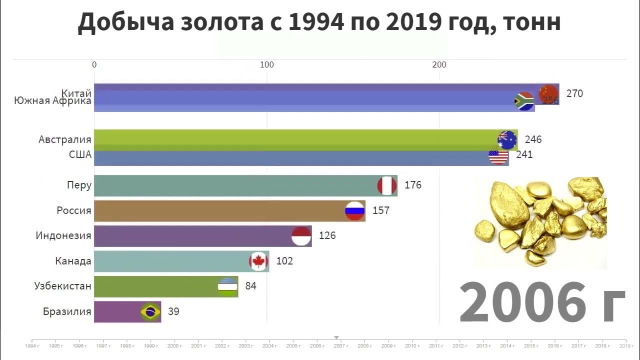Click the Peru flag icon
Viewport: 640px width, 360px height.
(386, 186)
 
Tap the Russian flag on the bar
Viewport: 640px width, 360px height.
(355, 211)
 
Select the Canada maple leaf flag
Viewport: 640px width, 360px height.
(258, 261)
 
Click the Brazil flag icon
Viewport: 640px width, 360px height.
(150, 312)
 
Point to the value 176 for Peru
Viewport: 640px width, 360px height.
(413, 185)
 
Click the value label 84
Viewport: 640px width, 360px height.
(250, 286)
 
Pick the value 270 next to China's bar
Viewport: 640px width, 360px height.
(574, 93)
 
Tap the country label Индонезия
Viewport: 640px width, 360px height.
(63, 235)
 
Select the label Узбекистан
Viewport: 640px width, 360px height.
(63, 286)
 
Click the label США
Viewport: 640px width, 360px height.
(80, 154)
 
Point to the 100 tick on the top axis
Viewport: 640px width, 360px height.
(267, 64)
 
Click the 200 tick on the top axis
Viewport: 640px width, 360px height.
(439, 64)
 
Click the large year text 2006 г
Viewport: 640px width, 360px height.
(542, 302)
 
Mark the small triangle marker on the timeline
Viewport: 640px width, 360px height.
(336, 337)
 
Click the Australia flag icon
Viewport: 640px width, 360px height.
(507, 140)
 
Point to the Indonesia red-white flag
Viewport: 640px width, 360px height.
(301, 236)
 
